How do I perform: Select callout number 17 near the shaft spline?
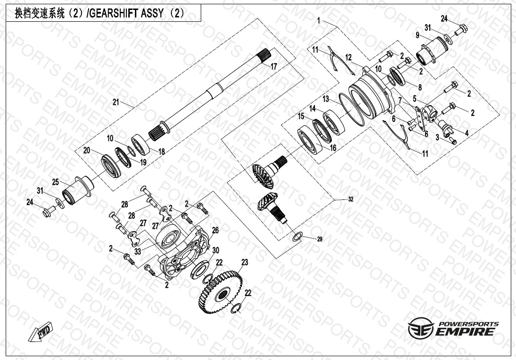274,67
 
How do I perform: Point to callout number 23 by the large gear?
245,262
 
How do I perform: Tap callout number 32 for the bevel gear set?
350,199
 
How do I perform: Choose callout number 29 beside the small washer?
320,240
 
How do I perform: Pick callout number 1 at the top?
319,21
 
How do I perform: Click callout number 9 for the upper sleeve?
418,35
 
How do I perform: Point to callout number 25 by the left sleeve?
55,182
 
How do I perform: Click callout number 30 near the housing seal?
215,250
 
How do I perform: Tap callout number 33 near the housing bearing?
137,252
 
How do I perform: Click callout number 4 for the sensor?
466,134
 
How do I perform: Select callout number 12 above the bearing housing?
349,57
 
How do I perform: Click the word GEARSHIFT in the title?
114,14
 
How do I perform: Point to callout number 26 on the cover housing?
215,230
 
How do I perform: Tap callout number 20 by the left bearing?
86,150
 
